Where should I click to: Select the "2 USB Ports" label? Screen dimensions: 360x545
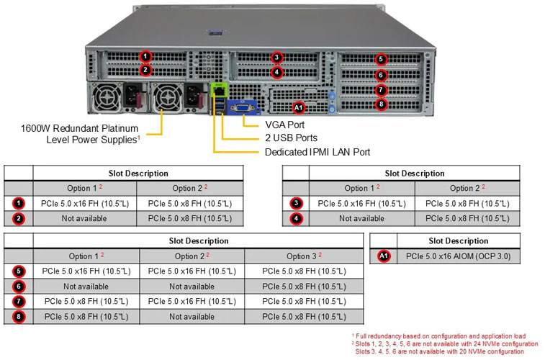tap(291, 138)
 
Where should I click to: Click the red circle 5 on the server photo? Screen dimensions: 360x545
tap(381, 59)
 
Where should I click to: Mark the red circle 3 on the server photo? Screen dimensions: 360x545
tap(277, 58)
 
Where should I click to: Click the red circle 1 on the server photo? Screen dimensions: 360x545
tap(145, 56)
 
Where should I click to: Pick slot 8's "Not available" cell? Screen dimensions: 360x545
tap(192, 316)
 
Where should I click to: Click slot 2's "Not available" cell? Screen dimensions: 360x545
tap(84, 218)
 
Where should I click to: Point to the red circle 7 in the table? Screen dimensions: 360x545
tap(18, 301)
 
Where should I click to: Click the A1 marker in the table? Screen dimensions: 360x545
tap(383, 256)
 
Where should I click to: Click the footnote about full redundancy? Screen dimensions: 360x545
tap(438, 336)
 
